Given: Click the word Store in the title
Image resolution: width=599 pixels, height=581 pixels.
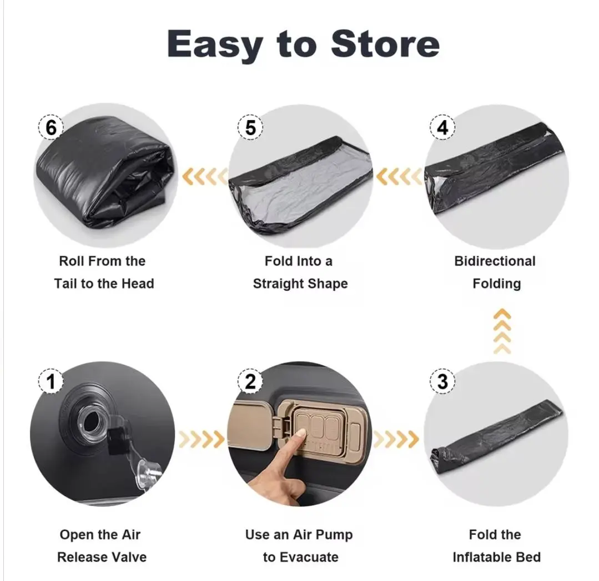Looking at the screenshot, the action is pyautogui.click(x=385, y=43).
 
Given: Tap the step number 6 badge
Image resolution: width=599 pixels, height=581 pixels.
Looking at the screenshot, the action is pyautogui.click(x=51, y=127).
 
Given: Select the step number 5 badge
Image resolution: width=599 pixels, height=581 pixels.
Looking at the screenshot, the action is pyautogui.click(x=250, y=127).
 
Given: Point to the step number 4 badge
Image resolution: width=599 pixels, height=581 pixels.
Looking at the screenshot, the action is pyautogui.click(x=442, y=127).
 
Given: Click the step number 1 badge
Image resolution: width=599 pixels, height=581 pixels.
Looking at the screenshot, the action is pyautogui.click(x=51, y=381).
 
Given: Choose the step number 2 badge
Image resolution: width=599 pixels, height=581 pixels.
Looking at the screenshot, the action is pyautogui.click(x=250, y=381).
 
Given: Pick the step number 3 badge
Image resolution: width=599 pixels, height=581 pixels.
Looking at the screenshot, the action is pyautogui.click(x=442, y=381).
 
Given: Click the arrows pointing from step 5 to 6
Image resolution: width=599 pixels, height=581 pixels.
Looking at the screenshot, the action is pyautogui.click(x=204, y=177).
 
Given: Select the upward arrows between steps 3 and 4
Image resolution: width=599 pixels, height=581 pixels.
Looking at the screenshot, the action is pyautogui.click(x=502, y=331).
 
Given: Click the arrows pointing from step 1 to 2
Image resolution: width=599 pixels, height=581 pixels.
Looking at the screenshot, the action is pyautogui.click(x=202, y=439).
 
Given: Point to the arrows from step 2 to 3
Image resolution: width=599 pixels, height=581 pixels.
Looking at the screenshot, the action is pyautogui.click(x=396, y=439).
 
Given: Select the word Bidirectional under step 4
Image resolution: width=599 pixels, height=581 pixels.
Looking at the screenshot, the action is pyautogui.click(x=495, y=261).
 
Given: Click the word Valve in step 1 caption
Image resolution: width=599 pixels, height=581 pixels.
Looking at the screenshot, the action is pyautogui.click(x=129, y=557).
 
